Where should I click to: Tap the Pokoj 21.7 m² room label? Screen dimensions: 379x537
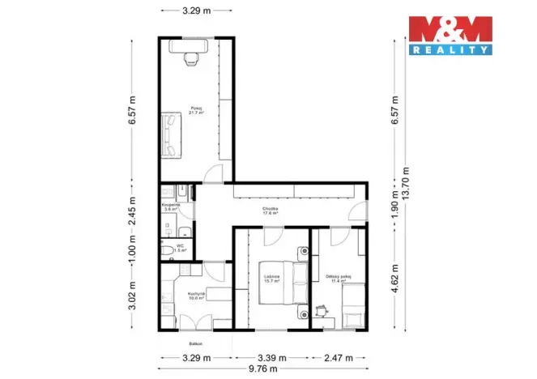pos(196,110)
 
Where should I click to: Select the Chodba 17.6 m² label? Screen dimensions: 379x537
pos(271,211)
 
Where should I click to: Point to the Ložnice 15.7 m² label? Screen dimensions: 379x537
pos(271,279)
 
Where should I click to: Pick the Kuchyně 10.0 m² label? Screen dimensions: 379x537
pos(194,296)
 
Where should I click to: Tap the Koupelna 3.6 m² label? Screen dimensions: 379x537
pos(171,207)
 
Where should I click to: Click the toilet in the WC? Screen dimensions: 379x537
pos(165,251)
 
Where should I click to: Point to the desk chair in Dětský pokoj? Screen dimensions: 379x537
pos(322,309)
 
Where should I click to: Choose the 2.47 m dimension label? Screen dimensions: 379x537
pos(338,356)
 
